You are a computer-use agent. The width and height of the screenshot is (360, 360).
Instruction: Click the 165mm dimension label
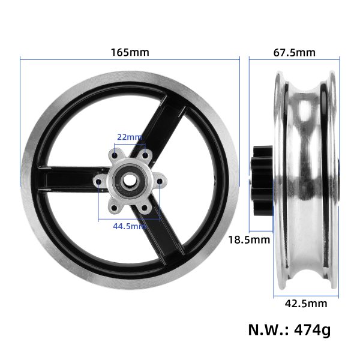coord(130,52)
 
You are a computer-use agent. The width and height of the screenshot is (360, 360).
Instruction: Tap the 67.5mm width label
coord(294,52)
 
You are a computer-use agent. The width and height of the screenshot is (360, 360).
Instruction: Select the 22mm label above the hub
coord(130,137)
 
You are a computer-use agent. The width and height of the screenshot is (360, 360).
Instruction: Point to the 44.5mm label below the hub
coord(130,226)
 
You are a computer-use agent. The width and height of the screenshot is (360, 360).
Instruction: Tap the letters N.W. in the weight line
coord(265,330)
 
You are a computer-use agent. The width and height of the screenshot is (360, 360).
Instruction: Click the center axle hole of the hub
coord(129,179)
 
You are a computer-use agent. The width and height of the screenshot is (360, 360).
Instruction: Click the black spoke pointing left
coord(66,179)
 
